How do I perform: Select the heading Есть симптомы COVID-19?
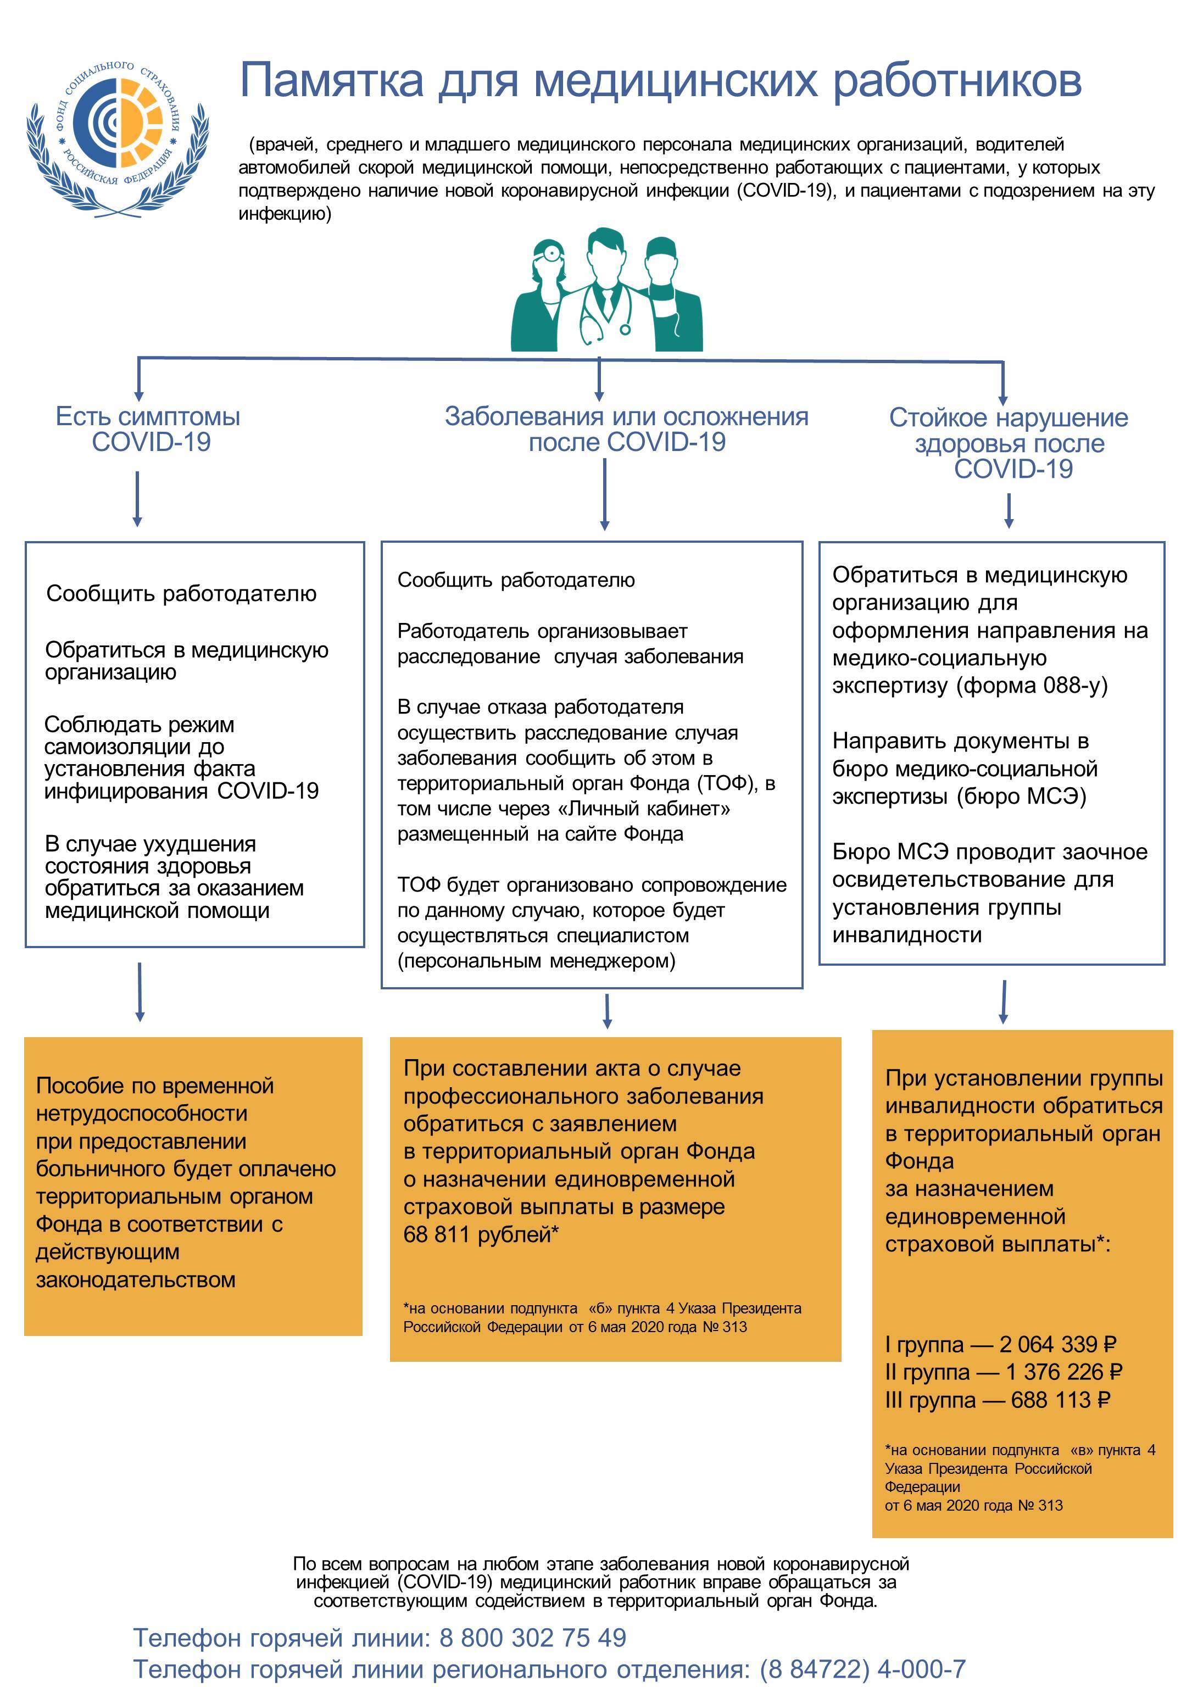148,429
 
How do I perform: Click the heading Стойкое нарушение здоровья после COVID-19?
1009,443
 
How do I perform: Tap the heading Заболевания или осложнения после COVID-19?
627,429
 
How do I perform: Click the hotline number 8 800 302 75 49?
533,1637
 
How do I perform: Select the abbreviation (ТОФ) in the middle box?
727,783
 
